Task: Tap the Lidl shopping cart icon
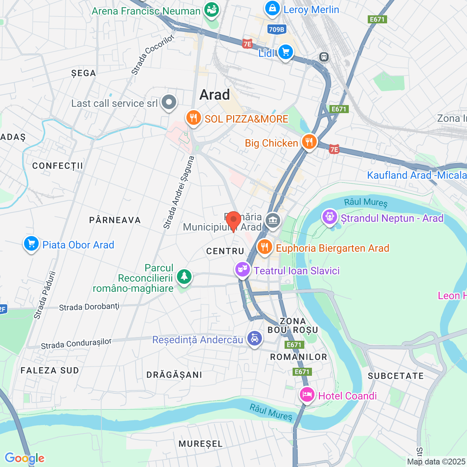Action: [285, 52]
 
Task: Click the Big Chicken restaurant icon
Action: [309, 142]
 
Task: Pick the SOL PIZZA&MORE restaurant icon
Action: [193, 118]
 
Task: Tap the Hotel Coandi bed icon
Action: [307, 395]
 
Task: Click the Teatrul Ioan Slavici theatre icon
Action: [242, 270]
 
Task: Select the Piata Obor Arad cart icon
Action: [31, 244]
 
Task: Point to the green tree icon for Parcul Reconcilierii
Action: [184, 277]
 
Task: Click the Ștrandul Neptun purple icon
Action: [330, 217]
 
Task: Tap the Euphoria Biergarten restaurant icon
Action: [265, 247]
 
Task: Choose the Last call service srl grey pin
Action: [169, 103]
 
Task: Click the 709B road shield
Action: [276, 30]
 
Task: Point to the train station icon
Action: [324, 57]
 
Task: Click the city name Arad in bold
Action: [215, 95]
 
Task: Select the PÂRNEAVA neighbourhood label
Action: [115, 220]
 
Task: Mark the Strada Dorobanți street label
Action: [89, 307]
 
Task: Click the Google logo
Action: [24, 458]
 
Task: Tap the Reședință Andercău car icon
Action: [254, 339]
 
